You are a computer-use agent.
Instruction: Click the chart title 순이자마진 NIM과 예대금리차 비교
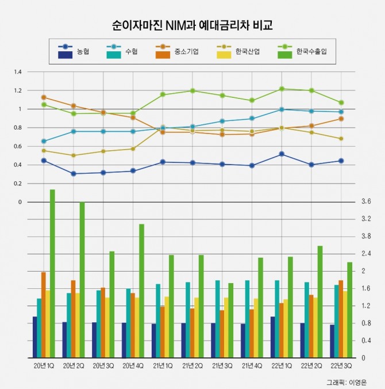(x=192, y=26)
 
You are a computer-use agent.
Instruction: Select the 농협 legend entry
(x=74, y=51)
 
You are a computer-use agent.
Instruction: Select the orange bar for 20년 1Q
(x=43, y=315)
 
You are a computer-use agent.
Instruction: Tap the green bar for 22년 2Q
(x=320, y=302)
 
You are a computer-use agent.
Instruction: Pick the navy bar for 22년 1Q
(x=272, y=337)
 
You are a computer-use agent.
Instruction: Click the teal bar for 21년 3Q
(x=217, y=319)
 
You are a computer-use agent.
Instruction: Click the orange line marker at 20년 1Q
(x=44, y=97)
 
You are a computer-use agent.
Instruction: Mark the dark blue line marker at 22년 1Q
(x=282, y=154)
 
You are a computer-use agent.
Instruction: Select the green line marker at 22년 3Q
(x=341, y=102)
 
